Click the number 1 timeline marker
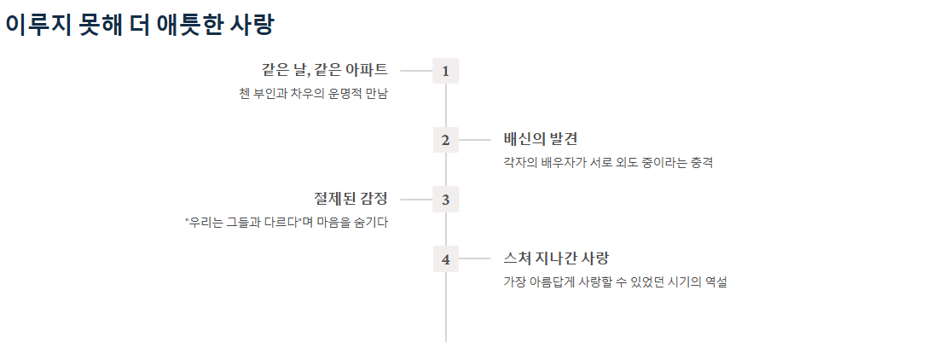pos(445,71)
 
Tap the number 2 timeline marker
pos(445,140)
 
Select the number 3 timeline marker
pos(445,200)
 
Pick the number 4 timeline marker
pos(445,258)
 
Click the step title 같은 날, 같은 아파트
pos(324,70)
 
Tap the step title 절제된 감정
pos(351,199)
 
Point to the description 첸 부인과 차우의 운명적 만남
pos(313,93)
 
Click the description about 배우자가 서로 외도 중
pos(607,162)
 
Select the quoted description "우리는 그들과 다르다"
pos(287,222)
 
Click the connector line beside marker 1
pos(416,71)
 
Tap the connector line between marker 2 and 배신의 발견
pos(475,140)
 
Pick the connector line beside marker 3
pos(416,200)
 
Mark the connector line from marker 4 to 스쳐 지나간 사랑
pos(475,258)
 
